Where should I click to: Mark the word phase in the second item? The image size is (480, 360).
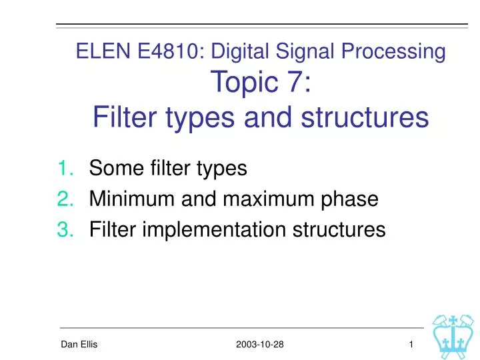point(349,199)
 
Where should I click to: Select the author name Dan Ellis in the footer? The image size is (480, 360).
point(79,343)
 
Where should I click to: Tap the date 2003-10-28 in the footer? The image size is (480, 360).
point(259,343)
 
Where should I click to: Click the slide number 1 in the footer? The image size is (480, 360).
point(411,343)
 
